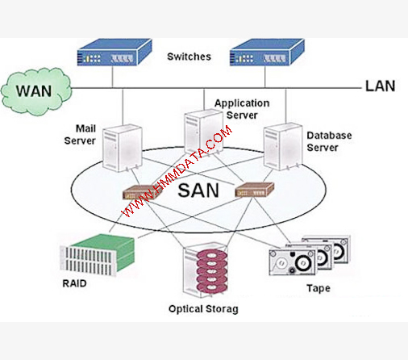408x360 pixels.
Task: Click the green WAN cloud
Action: pos(36,91)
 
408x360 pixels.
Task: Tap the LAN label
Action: pos(380,86)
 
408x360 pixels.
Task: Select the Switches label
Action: pos(189,57)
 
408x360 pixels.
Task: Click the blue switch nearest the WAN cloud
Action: pos(114,52)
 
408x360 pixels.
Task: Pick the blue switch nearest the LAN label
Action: pos(267,52)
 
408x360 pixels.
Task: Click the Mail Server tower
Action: pos(123,148)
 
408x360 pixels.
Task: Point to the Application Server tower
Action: pos(203,132)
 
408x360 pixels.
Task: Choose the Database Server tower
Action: pos(283,147)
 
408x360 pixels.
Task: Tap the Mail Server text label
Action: pos(80,135)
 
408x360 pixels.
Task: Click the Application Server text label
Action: pos(242,109)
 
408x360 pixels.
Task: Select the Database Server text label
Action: pos(329,141)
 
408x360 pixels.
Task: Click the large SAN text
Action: pos(198,190)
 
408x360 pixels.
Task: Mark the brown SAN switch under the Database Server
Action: pos(255,190)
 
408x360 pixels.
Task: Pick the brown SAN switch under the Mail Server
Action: pos(143,192)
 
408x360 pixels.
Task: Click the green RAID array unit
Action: pos(97,255)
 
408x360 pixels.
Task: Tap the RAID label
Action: pos(74,283)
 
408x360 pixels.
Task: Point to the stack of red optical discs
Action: pos(212,272)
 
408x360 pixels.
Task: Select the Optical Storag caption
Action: pos(203,309)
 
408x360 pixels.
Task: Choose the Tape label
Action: pos(318,288)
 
